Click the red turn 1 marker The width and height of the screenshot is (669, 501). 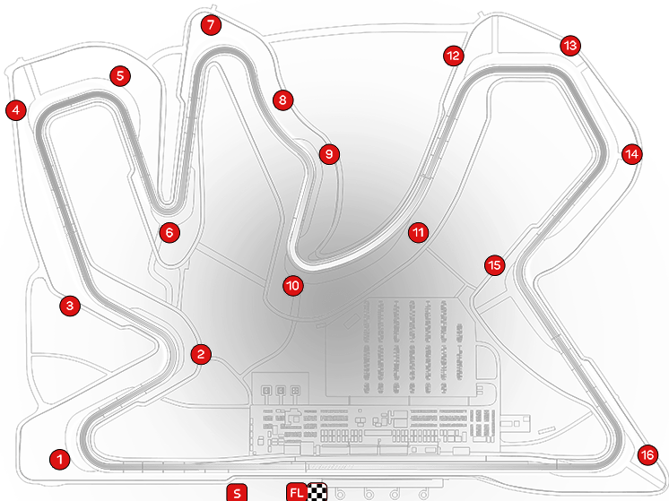pyautogui.click(x=59, y=460)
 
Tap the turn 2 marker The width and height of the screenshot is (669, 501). pyautogui.click(x=201, y=353)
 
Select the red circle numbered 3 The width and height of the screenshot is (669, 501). pyautogui.click(x=71, y=306)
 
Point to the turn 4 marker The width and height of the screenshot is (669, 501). pyautogui.click(x=14, y=111)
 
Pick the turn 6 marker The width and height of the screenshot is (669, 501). pyautogui.click(x=169, y=233)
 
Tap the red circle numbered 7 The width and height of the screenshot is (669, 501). pyautogui.click(x=210, y=25)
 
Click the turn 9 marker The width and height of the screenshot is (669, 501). pyautogui.click(x=329, y=154)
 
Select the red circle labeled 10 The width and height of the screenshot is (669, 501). pyautogui.click(x=292, y=287)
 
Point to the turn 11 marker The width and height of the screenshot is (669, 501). pyautogui.click(x=417, y=233)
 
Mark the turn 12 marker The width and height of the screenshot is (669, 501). pyautogui.click(x=453, y=56)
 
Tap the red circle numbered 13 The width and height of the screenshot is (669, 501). pyautogui.click(x=570, y=45)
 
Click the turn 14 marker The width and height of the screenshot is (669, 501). pyautogui.click(x=632, y=154)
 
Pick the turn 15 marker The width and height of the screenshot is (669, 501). pyautogui.click(x=495, y=265)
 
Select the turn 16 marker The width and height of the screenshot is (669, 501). pyautogui.click(x=647, y=455)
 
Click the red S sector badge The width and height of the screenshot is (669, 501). pyautogui.click(x=236, y=492)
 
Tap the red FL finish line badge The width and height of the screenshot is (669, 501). pyautogui.click(x=297, y=491)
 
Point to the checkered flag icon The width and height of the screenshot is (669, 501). pyautogui.click(x=316, y=491)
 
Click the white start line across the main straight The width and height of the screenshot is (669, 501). pyautogui.click(x=307, y=467)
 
